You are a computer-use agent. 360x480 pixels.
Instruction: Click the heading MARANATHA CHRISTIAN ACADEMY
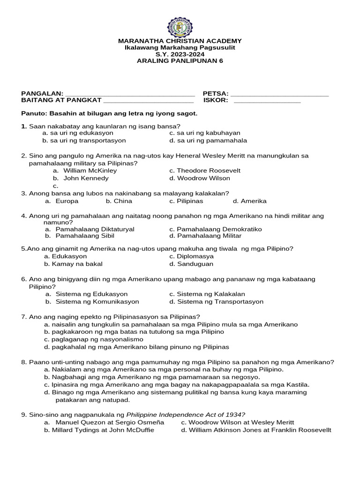point(180,41)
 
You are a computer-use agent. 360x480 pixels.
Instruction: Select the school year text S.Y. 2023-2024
point(180,54)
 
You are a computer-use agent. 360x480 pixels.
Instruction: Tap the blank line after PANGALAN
point(129,95)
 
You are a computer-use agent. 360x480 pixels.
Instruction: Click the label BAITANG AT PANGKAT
point(61,100)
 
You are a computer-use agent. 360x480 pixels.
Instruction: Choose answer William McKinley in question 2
point(90,171)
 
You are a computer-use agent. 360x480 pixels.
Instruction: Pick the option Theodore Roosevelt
point(202,171)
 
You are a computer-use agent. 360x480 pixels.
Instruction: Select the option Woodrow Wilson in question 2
point(200,178)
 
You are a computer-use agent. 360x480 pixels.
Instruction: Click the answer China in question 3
point(119,201)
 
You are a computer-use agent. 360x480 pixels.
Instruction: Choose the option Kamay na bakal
point(70,264)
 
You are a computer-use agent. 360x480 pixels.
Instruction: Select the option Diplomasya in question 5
point(192,256)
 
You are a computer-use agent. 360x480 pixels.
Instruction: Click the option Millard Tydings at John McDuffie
point(99,430)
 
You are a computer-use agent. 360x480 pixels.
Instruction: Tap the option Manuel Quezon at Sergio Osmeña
point(104,422)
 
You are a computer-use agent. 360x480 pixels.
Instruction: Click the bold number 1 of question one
point(23,126)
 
